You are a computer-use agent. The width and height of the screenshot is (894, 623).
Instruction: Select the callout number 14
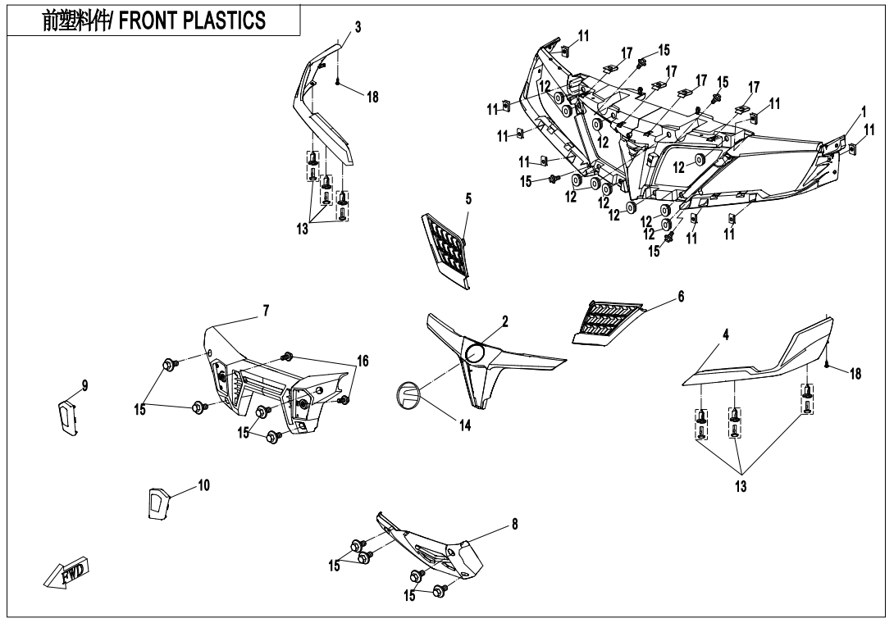(x=465, y=425)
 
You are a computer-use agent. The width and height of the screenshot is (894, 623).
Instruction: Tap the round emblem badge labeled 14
(x=408, y=395)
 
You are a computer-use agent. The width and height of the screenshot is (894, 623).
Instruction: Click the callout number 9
(x=85, y=384)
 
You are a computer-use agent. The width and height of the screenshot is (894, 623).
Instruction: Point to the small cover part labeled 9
(x=67, y=417)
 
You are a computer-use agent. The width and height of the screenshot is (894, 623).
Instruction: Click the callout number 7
(x=266, y=310)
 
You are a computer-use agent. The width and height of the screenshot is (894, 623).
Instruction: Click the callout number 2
(x=505, y=322)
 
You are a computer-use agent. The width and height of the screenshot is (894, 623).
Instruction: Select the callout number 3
(x=358, y=27)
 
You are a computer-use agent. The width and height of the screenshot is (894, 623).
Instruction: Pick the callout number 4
(x=726, y=334)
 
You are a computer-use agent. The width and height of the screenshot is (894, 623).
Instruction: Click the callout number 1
(x=864, y=110)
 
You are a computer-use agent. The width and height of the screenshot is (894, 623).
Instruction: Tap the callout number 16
(x=363, y=360)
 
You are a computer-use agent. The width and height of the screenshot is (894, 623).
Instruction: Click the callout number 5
(x=468, y=198)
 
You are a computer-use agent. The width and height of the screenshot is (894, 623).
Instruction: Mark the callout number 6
(x=681, y=297)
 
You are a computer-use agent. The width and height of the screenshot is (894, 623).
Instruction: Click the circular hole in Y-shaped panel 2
(x=476, y=353)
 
